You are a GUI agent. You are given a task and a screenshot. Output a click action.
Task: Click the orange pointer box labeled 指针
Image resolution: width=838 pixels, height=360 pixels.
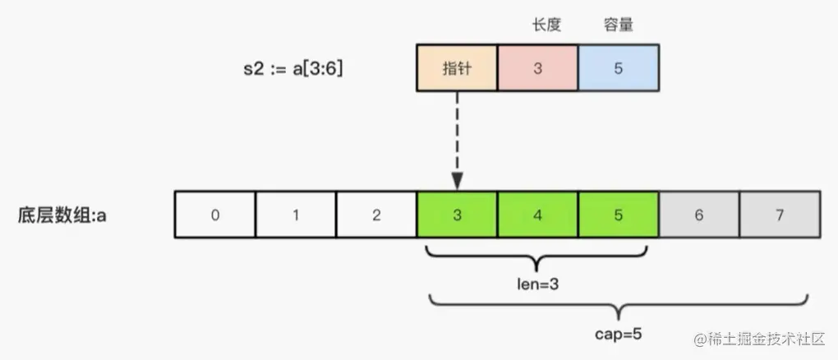pos(457,69)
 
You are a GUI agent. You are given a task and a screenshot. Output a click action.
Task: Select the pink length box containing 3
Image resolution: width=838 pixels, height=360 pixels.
pos(537,69)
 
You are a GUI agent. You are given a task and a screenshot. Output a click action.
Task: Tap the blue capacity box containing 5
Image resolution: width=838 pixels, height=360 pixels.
pos(618,69)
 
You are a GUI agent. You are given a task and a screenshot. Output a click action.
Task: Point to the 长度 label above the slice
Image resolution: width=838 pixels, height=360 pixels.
pos(546,25)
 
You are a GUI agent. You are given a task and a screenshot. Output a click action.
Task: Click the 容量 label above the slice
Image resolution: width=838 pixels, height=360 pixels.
pos(618,25)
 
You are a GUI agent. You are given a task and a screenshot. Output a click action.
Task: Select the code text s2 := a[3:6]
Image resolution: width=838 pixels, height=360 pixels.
pos(288,69)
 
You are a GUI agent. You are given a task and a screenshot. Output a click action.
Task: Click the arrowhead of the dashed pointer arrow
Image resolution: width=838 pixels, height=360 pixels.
pos(457,180)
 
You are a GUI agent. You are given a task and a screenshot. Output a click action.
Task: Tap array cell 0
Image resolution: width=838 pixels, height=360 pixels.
pos(214,215)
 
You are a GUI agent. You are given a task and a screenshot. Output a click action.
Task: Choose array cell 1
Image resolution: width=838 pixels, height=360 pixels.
pos(295,215)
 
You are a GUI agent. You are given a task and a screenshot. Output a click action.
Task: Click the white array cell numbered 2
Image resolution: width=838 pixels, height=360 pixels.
pos(375,215)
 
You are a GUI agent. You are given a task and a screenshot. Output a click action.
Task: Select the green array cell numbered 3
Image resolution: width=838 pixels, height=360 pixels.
pos(457,215)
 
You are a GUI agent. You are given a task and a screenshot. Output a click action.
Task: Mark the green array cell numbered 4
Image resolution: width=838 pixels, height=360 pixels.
pos(537,215)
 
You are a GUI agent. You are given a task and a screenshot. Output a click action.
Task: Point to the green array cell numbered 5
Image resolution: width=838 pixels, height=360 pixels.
pos(618,215)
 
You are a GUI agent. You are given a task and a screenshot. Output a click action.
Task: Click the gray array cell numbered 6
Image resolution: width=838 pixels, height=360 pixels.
pos(698,215)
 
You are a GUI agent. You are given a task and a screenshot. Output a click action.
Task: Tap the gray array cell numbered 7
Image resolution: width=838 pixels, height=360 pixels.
pos(779,215)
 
